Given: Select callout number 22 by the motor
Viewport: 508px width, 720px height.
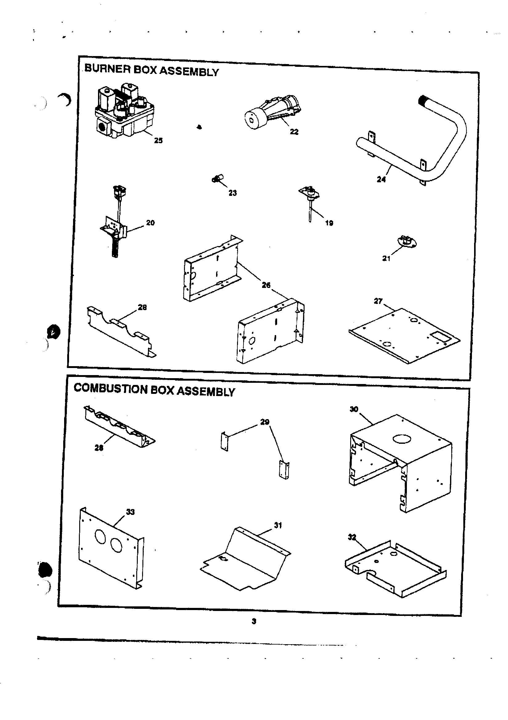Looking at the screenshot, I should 294,132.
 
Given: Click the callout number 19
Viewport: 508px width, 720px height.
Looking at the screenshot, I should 329,223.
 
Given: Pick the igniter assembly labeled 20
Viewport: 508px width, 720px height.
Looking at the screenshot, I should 116,226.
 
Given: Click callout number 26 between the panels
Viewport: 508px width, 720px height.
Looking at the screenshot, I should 266,285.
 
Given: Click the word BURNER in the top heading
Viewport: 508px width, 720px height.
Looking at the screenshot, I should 107,68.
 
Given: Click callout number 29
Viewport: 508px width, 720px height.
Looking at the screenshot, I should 264,422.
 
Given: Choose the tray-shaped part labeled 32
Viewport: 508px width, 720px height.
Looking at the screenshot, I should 395,568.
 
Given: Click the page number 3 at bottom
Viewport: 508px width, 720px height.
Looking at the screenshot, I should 254,621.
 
